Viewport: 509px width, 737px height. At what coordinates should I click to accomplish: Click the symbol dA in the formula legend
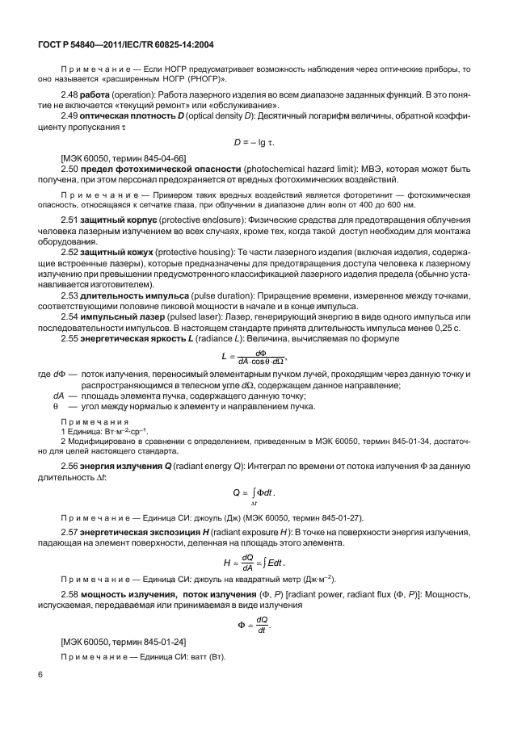click(x=57, y=397)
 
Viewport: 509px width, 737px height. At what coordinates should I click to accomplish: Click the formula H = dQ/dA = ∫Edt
click(x=253, y=561)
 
